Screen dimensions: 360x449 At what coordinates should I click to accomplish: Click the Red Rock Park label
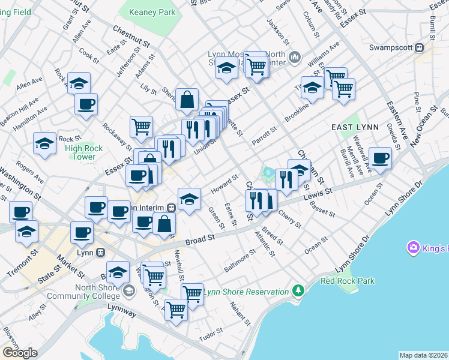(348, 280)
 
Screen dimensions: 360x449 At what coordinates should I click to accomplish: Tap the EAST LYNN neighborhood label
(353, 128)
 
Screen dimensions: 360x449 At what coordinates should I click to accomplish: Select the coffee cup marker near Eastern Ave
(379, 158)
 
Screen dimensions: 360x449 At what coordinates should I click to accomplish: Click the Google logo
(20, 353)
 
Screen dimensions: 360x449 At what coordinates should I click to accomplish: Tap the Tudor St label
(211, 334)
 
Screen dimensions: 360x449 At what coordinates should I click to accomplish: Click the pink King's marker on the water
(413, 247)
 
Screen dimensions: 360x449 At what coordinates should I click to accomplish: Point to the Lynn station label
(83, 253)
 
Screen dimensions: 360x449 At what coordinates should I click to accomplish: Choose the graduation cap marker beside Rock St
(45, 144)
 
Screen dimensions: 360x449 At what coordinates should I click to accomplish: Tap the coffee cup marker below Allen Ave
(86, 103)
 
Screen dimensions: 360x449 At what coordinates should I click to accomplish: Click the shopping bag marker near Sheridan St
(187, 100)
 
